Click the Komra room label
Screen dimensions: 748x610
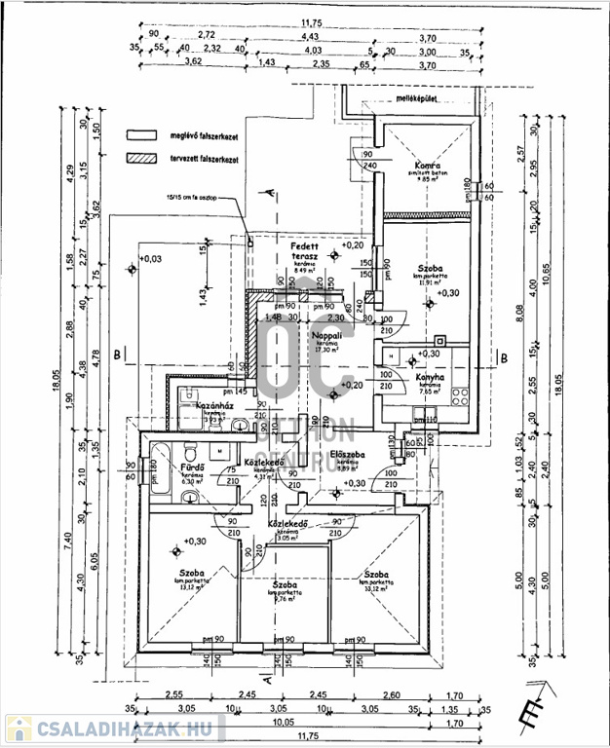point(423,165)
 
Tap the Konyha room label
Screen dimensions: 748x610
point(431,377)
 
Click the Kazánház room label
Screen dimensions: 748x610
point(211,405)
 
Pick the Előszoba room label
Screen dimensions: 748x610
point(347,454)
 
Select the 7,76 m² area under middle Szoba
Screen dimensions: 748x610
point(283,599)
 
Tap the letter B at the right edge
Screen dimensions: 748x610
point(504,356)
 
